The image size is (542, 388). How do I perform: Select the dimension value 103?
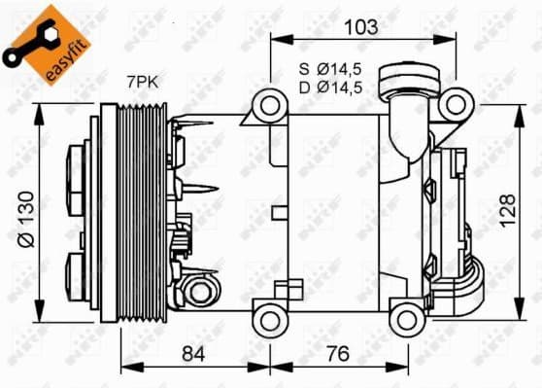pyautogui.click(x=360, y=27)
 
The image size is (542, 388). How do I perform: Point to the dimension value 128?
pyautogui.click(x=507, y=207)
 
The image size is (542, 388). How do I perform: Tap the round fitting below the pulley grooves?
pyautogui.click(x=199, y=290)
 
